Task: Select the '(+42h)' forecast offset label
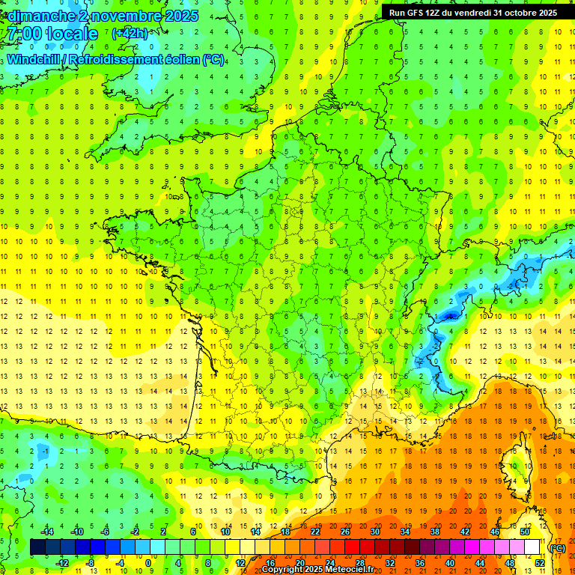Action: coord(130,34)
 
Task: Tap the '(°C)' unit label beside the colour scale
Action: coord(557,548)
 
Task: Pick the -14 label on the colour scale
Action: coord(47,532)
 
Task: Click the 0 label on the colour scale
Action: coord(148,563)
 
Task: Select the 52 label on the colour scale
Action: coord(539,563)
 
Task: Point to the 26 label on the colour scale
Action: coord(344,532)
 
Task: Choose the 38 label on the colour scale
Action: coord(434,532)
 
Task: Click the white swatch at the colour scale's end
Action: coord(532,547)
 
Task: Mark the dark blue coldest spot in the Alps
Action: coord(449,316)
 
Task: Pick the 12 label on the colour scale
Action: coord(240,563)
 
